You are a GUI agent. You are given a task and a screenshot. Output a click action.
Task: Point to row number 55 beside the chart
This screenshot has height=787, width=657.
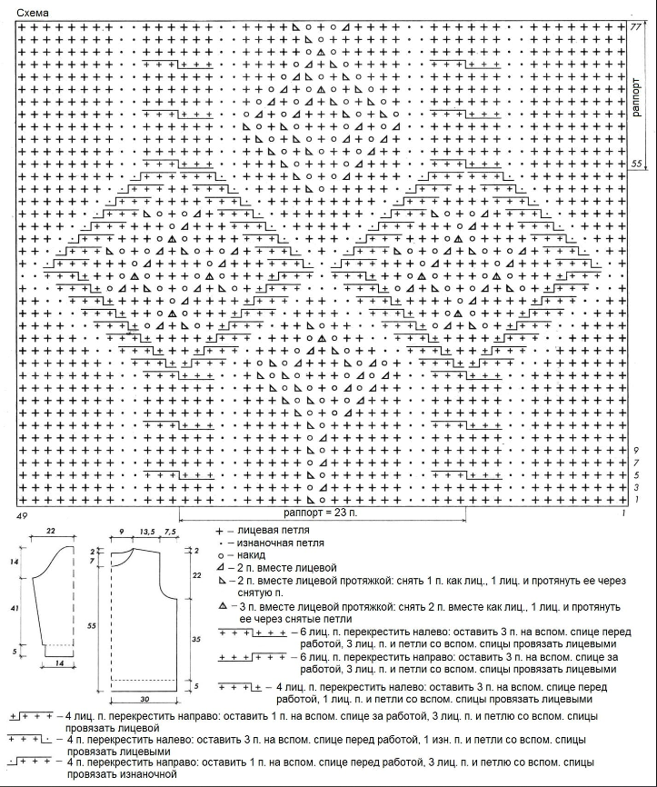click(x=637, y=163)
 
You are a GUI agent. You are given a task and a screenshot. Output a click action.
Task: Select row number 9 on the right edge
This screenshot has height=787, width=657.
click(x=638, y=451)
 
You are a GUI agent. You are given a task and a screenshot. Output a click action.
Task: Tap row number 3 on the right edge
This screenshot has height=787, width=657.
click(x=638, y=488)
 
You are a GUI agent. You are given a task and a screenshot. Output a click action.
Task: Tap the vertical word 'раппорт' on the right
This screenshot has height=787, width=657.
click(x=637, y=95)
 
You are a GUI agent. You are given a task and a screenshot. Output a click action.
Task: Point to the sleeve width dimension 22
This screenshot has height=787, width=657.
click(x=51, y=531)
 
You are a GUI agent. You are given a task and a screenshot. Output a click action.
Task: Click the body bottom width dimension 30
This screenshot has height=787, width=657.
click(x=145, y=700)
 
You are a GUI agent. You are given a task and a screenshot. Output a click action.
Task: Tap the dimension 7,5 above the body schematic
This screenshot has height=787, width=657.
click(x=170, y=531)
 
